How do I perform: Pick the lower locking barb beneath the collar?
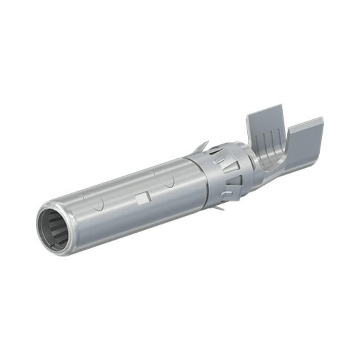pyautogui.click(x=218, y=208)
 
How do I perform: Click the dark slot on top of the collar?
pyautogui.click(x=216, y=150)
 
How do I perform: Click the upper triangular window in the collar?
pyautogui.click(x=233, y=166)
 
